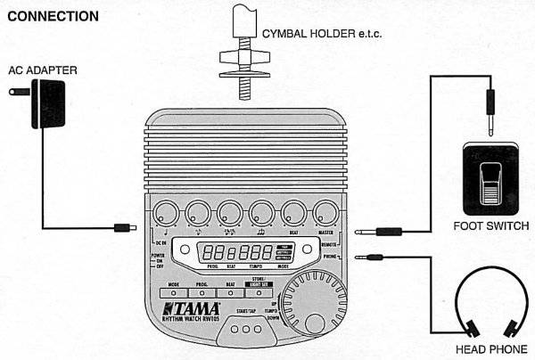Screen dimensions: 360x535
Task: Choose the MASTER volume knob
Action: point(325,213)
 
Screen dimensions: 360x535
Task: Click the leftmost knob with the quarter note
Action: point(164,213)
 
